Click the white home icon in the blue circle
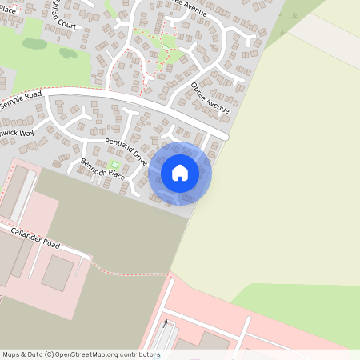coord(179,172)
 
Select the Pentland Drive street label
coord(127,150)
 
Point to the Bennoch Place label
coord(102,168)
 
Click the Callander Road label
coord(35,237)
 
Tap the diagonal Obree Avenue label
coord(210,97)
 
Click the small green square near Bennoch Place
coord(113,165)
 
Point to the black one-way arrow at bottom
coord(166,324)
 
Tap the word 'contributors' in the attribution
coord(138,354)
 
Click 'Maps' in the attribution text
coord(12,354)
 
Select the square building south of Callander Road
coord(56,273)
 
